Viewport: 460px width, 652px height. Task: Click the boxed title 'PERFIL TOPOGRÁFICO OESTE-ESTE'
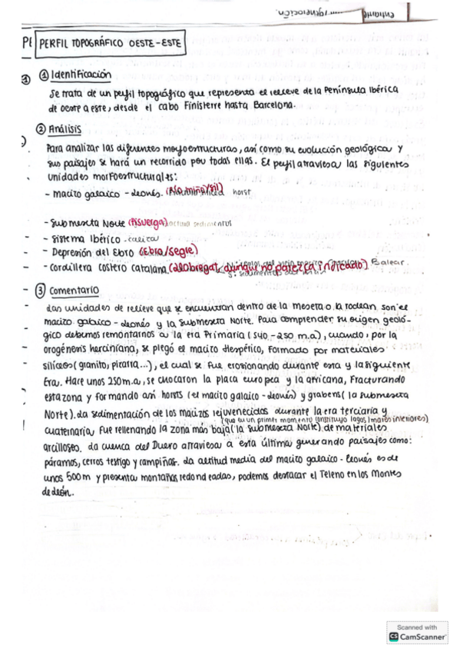tap(110, 45)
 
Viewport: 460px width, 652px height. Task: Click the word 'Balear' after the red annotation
tap(387, 264)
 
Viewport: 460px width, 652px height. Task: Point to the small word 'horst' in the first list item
tap(243, 194)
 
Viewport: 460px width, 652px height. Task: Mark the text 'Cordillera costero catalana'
tap(108, 268)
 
